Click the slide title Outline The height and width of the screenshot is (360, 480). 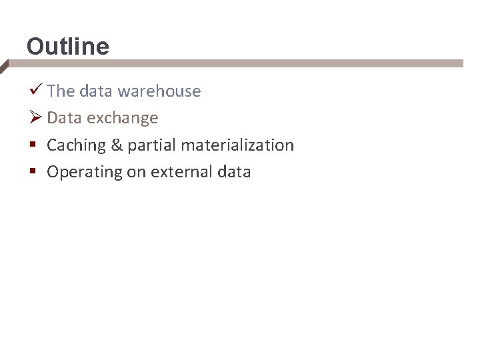point(67,47)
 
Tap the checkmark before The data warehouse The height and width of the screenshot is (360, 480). point(37,90)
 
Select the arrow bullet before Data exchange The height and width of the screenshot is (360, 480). point(37,117)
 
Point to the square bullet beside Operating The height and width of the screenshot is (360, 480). point(33,172)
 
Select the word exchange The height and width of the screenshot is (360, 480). point(122,118)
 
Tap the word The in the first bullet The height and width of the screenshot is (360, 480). point(60,91)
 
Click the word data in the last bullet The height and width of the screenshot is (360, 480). point(234,172)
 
